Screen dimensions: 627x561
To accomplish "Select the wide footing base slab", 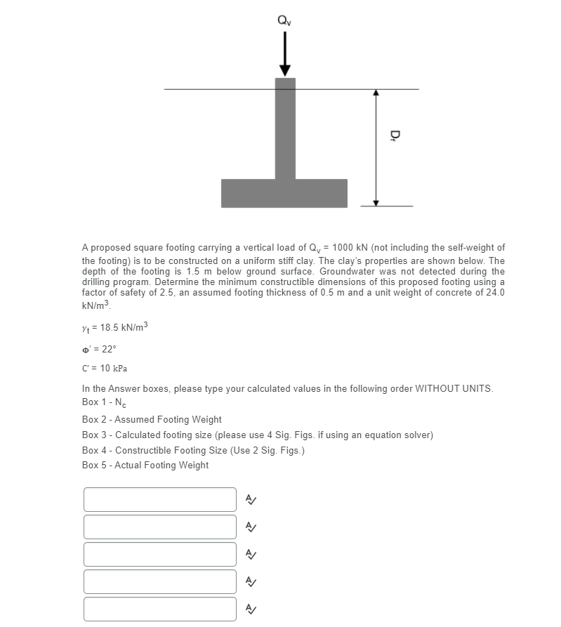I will click(284, 193).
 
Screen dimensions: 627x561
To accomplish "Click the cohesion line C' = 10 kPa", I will click(104, 368).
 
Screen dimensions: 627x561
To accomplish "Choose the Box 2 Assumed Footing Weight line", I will click(152, 419).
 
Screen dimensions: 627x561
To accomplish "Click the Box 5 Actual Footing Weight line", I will click(145, 465).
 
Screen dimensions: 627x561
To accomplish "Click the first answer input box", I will click(160, 499).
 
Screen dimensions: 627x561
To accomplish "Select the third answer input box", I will click(160, 554).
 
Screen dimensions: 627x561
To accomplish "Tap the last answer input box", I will click(160, 609).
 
